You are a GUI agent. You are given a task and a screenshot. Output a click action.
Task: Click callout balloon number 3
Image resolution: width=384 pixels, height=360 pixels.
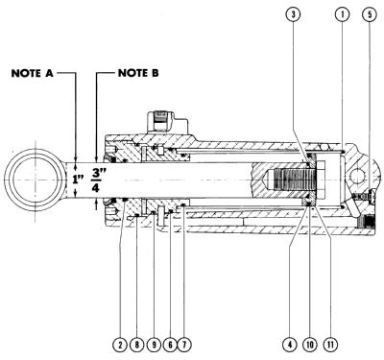(293, 14)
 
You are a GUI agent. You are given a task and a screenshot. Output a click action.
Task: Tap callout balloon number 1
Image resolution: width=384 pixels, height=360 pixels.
(342, 14)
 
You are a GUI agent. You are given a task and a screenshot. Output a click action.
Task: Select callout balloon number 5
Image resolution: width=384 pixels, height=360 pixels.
(370, 14)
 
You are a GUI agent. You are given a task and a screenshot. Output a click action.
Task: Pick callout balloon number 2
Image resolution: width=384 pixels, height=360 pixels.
(120, 345)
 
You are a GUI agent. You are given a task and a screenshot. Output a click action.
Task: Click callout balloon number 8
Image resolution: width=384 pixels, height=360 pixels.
(137, 345)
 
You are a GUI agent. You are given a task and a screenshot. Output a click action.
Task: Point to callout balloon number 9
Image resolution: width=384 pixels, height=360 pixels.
(154, 345)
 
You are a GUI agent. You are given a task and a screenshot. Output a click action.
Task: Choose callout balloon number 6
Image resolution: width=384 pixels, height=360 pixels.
(170, 345)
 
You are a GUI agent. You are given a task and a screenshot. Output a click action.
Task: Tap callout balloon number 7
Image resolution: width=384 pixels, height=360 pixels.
(184, 345)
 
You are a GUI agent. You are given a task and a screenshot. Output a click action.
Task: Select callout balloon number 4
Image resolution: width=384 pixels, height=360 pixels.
(289, 345)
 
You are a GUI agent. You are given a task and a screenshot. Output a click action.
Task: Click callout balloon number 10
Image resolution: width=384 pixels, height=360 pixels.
(310, 345)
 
